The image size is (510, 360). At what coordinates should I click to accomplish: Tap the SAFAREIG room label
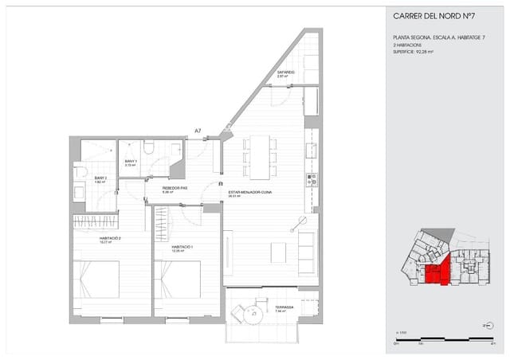pos(286,72)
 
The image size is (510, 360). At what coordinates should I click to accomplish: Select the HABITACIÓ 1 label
pos(182,247)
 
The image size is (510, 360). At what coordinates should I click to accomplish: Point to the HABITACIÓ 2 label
pos(87,238)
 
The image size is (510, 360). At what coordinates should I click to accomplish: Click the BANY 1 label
pos(131,162)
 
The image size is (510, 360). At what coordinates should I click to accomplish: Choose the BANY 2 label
pos(100,178)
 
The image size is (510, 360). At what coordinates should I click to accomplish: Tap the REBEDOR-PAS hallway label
pos(175,189)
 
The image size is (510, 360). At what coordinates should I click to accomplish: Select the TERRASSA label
pos(284,307)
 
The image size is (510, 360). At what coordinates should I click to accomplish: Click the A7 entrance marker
pos(198,131)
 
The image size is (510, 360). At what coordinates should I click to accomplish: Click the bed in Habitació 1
pos(182,279)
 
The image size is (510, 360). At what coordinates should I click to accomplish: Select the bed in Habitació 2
pos(98,279)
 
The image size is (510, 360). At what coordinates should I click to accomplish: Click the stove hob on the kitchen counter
pos(312,179)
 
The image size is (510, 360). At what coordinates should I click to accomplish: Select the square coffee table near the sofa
pos(278,252)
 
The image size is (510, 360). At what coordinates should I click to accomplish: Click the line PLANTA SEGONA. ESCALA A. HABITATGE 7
pos(433,37)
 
